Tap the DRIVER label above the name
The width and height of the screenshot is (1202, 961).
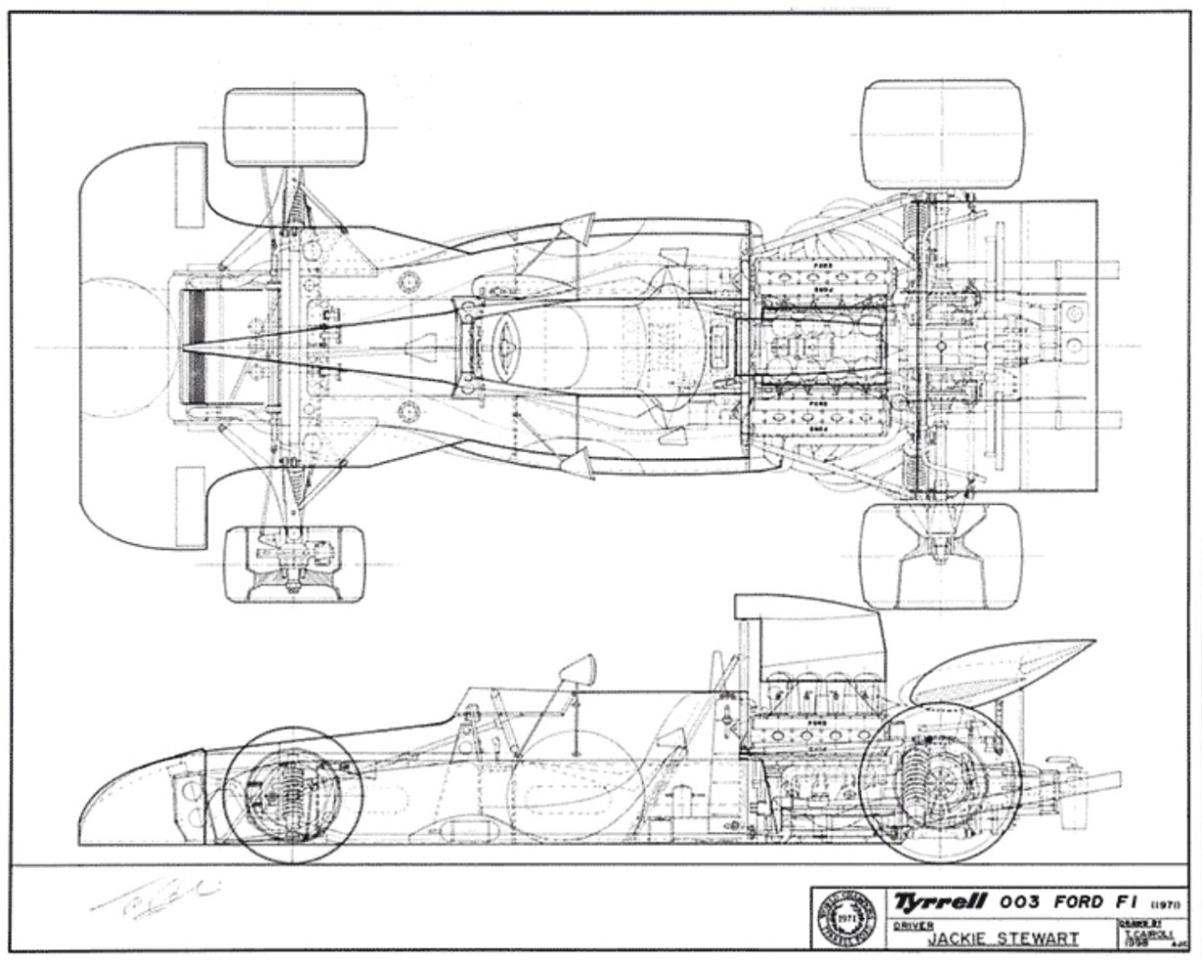click(x=911, y=924)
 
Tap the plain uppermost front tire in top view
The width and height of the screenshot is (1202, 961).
click(x=295, y=127)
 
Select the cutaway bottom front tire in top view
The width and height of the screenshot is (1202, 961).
click(x=295, y=564)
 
